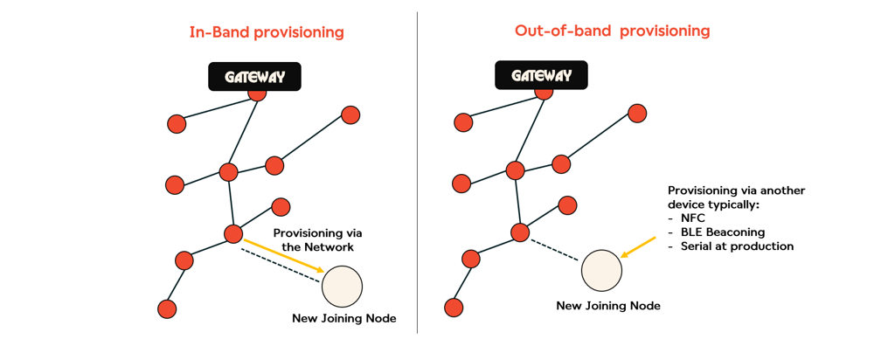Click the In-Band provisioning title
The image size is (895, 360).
click(267, 32)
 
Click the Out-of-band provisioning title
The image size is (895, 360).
click(612, 31)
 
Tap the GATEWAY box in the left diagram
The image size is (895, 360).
click(254, 76)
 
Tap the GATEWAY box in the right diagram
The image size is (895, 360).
click(541, 75)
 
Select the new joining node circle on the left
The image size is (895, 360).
click(342, 286)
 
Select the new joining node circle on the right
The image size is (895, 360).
click(601, 270)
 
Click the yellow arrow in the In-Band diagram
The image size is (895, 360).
click(285, 255)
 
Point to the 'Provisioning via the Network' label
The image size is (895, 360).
click(317, 240)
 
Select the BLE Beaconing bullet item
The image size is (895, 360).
click(722, 232)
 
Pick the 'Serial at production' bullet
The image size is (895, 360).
click(737, 246)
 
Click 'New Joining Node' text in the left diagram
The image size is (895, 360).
click(343, 319)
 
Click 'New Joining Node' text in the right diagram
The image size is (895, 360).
click(608, 306)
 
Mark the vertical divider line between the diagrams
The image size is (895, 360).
click(417, 175)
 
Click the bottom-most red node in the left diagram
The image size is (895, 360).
click(167, 308)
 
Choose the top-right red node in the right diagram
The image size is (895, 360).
click(637, 114)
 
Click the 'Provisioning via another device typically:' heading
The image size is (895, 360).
click(736, 197)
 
